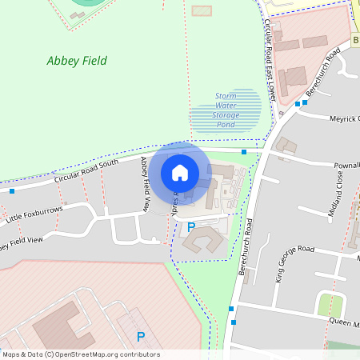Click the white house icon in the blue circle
[180, 172]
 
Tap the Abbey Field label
[77, 61]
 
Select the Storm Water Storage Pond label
[226, 110]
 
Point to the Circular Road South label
[86, 172]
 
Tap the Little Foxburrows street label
[34, 214]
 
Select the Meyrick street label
[344, 119]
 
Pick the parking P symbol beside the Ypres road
[191, 227]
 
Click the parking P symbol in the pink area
[141, 337]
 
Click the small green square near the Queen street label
[331, 305]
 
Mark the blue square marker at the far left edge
[12, 190]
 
